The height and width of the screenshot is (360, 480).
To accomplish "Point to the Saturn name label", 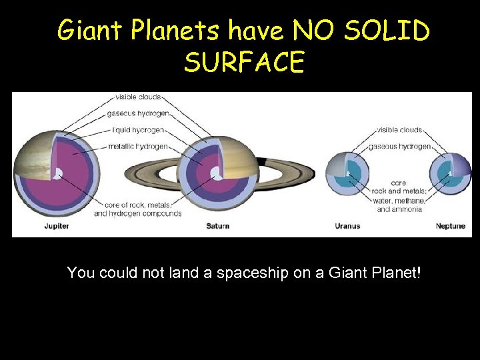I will click(217, 227).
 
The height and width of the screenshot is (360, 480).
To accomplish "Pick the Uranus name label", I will click(347, 227).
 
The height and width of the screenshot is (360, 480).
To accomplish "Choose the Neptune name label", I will click(451, 227).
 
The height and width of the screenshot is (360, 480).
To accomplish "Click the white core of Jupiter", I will click(58, 175).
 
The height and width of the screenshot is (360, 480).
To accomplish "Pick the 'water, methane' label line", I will click(399, 200).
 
